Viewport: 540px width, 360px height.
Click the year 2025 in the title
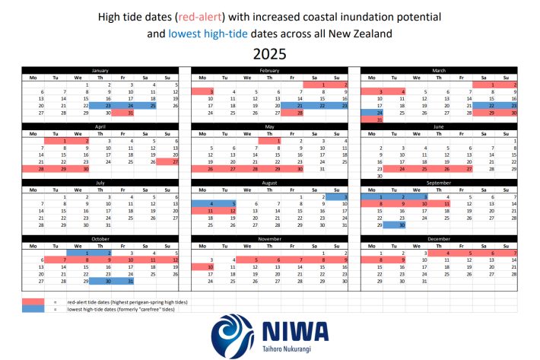tap(270, 54)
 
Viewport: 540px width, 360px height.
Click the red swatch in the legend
tap(32, 302)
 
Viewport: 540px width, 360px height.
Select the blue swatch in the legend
tap(32, 309)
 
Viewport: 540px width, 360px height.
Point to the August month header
tap(270, 183)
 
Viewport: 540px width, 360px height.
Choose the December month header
tap(439, 239)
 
